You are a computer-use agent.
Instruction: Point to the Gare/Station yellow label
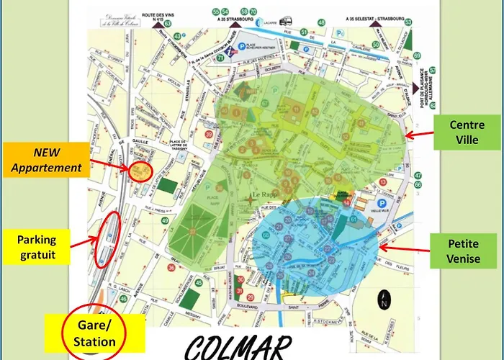(x=94, y=333)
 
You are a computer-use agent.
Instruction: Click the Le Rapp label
(x=264, y=195)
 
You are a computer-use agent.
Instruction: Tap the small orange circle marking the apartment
(x=140, y=171)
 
